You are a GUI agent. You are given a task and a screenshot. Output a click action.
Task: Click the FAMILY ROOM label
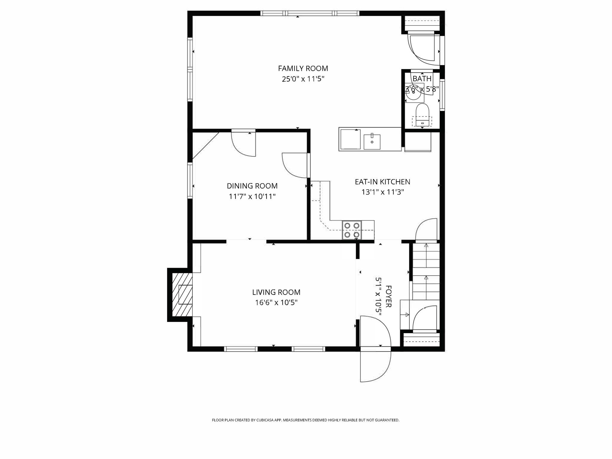[303, 68]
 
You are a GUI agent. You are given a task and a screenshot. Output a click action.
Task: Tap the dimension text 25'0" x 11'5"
[303, 79]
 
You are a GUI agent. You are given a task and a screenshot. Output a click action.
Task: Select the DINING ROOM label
[252, 186]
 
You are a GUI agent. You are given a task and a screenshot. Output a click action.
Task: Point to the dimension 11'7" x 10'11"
[252, 197]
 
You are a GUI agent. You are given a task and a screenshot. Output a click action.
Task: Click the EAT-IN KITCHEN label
[382, 182]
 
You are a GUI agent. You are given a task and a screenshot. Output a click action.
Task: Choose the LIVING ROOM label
[276, 292]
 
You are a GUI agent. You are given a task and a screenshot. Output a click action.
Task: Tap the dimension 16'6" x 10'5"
[276, 303]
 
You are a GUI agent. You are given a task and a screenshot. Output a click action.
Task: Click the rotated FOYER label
[388, 296]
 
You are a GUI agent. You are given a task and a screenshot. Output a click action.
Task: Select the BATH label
[422, 79]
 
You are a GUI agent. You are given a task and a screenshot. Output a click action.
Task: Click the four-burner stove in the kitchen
[352, 230]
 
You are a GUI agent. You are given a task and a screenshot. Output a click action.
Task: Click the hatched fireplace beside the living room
[182, 294]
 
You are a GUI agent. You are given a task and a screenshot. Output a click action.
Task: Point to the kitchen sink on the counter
[372, 142]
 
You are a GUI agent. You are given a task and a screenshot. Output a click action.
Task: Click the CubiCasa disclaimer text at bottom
[305, 420]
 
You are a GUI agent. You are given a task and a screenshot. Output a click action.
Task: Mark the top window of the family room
[310, 13]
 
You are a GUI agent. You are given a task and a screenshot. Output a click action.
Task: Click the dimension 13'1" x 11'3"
[382, 192]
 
